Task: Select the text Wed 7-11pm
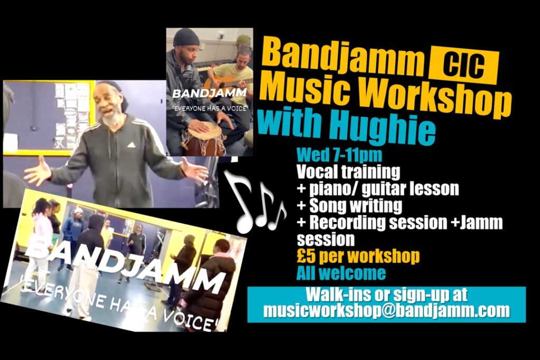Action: pyautogui.click(x=339, y=155)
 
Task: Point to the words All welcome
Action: pyautogui.click(x=341, y=273)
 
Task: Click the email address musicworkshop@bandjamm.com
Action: pyautogui.click(x=387, y=310)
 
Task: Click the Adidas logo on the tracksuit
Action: pyautogui.click(x=131, y=144)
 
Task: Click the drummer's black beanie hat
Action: pyautogui.click(x=186, y=37)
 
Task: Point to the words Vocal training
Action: pyautogui.click(x=348, y=172)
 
